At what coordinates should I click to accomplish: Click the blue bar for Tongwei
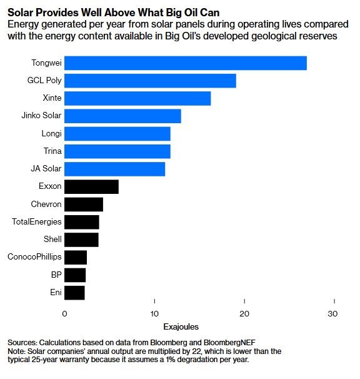(186, 63)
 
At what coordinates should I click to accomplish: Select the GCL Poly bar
(150, 81)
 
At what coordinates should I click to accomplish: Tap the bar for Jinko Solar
(122, 116)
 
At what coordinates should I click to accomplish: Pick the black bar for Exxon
(91, 186)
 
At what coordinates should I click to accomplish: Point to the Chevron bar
(84, 205)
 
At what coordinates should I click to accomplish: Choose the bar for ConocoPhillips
(76, 258)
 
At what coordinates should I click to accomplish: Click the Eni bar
(74, 293)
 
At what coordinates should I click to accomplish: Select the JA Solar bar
(114, 169)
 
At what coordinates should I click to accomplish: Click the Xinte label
(52, 98)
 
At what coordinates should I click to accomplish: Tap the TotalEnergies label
(37, 221)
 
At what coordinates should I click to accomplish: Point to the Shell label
(52, 239)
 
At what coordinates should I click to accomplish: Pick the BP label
(56, 275)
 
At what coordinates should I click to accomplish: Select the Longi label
(51, 133)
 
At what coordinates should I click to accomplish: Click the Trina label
(52, 151)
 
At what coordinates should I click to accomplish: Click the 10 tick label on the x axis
(154, 314)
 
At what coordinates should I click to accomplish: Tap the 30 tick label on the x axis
(332, 314)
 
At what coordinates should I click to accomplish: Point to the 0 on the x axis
(64, 314)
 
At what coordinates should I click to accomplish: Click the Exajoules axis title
(181, 327)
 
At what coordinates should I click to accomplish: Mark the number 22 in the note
(196, 351)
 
